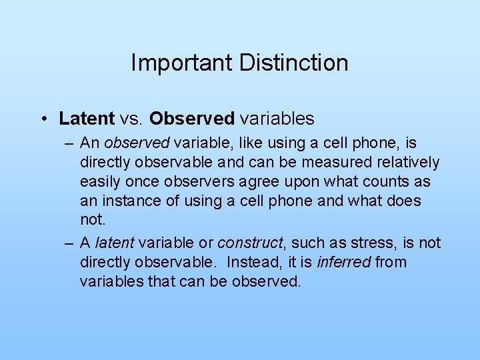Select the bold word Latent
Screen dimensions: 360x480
tap(87, 119)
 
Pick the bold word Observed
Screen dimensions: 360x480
tap(192, 119)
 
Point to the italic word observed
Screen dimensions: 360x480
tap(137, 143)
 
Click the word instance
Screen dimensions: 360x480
tap(129, 201)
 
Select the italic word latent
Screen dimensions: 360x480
tap(115, 242)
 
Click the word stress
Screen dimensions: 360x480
tap(359, 242)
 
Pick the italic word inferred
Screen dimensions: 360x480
tap(344, 262)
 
